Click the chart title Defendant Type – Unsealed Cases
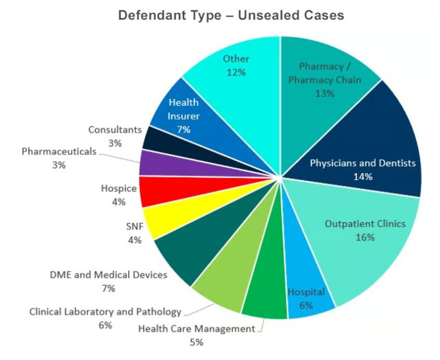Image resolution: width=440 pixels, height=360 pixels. [231, 15]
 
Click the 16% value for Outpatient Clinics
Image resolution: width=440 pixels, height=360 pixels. [365, 237]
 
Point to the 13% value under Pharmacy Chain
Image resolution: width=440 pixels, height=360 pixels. [325, 93]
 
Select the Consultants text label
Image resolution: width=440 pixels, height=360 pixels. [114, 130]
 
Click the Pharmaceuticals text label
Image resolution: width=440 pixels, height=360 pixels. [59, 151]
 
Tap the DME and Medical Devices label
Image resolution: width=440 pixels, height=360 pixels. [109, 275]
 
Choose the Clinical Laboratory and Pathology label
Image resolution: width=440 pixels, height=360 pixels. [106, 312]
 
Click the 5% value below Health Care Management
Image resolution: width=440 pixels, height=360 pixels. [196, 343]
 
